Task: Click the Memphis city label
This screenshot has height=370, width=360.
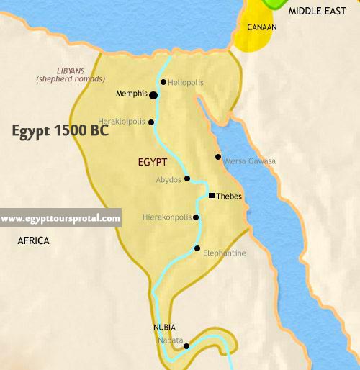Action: (x=132, y=94)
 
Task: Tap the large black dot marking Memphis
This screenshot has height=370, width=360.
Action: (x=153, y=94)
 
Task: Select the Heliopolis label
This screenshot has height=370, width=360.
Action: (x=186, y=83)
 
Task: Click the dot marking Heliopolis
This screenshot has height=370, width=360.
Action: (x=163, y=82)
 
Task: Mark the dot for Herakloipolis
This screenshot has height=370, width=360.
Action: (x=151, y=122)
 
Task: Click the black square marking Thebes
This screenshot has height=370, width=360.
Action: (x=211, y=196)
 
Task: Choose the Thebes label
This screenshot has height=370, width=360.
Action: (x=229, y=196)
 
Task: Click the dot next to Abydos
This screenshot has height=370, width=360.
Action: (x=187, y=179)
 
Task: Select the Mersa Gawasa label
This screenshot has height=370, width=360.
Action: (x=250, y=161)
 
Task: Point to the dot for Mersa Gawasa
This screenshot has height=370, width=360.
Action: (x=218, y=157)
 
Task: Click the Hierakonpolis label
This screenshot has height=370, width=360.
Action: (x=167, y=217)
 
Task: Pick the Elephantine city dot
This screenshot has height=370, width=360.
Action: (x=197, y=248)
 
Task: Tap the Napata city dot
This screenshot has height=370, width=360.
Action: (x=186, y=346)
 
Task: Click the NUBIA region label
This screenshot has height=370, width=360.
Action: (x=164, y=327)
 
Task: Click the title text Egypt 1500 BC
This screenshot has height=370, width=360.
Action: (x=60, y=132)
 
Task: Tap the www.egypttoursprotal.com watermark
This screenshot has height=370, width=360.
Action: (x=60, y=218)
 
